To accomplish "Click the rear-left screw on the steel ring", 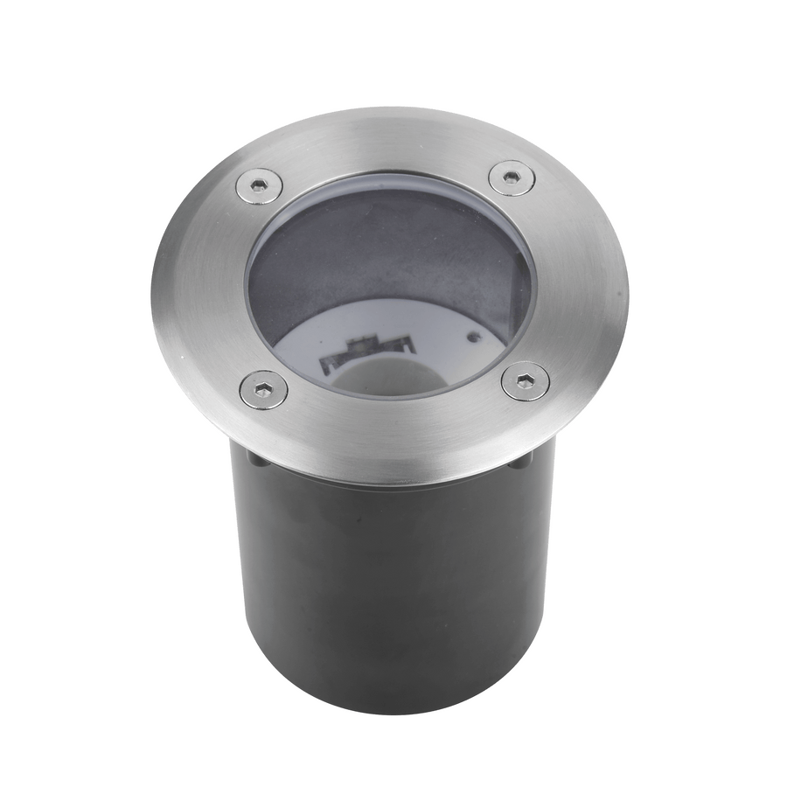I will click(x=260, y=185).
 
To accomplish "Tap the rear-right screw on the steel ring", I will click(x=512, y=178).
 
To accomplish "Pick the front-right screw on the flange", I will click(x=526, y=381).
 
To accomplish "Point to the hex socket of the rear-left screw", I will click(x=260, y=185).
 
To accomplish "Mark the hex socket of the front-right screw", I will click(x=526, y=381).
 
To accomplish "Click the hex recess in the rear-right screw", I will click(x=512, y=178).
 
